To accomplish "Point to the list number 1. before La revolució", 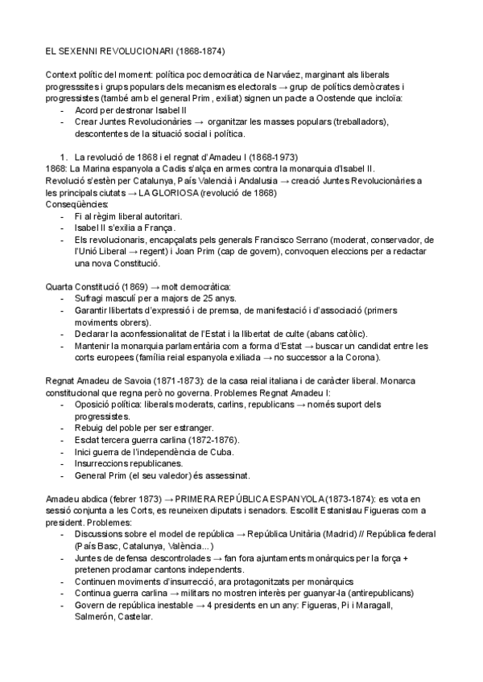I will pos(66,157).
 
